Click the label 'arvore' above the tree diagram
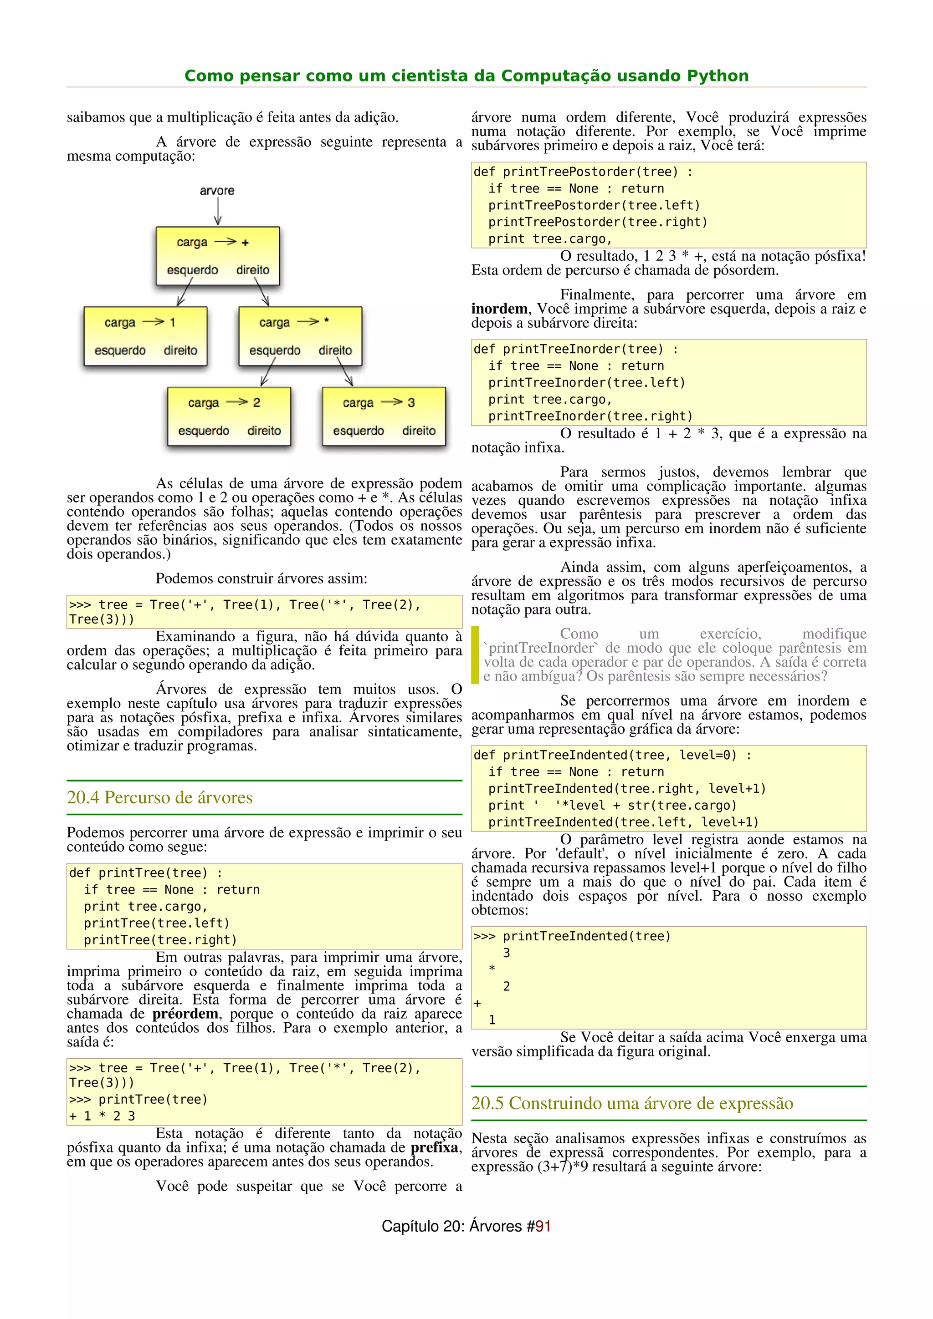(217, 191)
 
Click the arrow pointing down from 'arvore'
(217, 212)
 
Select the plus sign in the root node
(246, 243)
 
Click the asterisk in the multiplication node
(327, 321)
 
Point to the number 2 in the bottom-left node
(256, 403)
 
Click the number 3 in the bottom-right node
(411, 403)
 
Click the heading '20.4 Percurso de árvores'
(160, 797)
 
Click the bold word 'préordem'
(185, 1014)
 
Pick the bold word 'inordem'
(498, 309)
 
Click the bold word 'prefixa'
(434, 1147)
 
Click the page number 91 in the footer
(543, 1226)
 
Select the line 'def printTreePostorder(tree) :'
(583, 172)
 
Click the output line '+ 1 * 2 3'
(103, 1116)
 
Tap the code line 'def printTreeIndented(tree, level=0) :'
(612, 755)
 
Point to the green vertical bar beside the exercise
(475, 655)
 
